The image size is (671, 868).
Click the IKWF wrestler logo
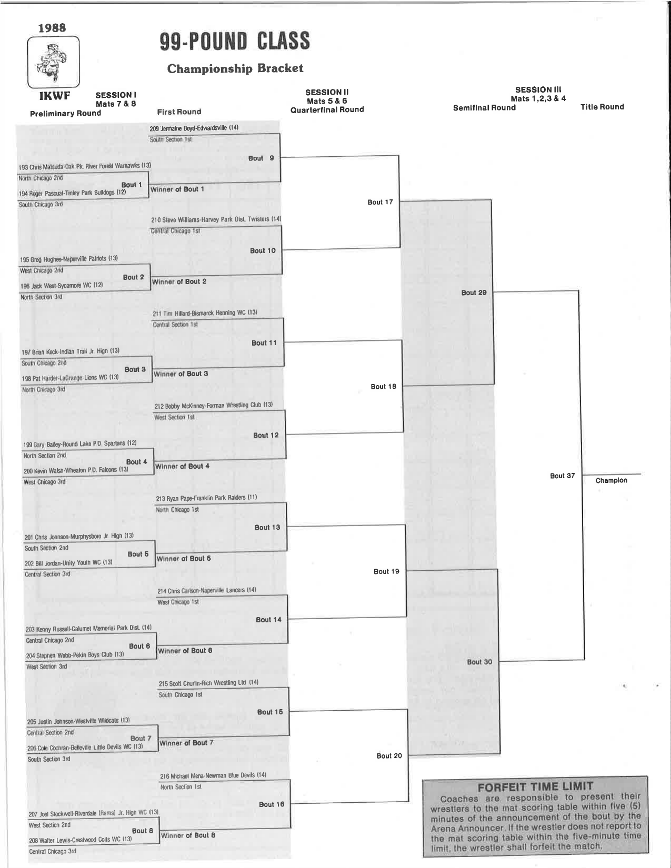[x=53, y=62]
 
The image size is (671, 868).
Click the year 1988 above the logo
[x=52, y=27]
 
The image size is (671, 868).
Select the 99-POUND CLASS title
[x=235, y=41]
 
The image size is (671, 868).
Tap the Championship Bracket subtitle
[x=235, y=69]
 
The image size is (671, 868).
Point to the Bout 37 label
[x=562, y=476]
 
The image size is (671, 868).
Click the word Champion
[x=611, y=480]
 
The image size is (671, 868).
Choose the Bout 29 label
[x=474, y=292]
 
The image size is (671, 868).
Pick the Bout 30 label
[x=479, y=662]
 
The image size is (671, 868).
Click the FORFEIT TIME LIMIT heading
[x=536, y=787]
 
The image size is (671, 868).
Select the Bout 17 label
[x=380, y=202]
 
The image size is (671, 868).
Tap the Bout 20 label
[x=389, y=756]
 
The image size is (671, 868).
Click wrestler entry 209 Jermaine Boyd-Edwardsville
[x=194, y=128]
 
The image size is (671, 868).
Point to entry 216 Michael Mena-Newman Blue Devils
[x=213, y=775]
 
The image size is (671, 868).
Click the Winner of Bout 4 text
[x=182, y=466]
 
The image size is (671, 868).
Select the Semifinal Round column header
[x=484, y=108]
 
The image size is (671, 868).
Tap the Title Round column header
[x=602, y=107]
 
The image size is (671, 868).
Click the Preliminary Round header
[x=66, y=114]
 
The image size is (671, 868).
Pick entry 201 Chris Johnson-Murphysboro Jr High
[x=79, y=537]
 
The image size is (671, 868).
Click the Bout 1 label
[x=132, y=185]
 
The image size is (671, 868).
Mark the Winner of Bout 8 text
[x=188, y=835]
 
